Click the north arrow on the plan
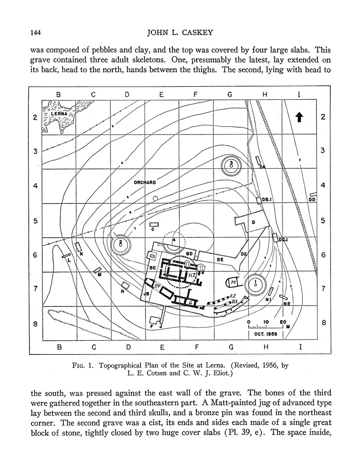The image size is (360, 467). [299, 117]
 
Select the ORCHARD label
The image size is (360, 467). [145, 182]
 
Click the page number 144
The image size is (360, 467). [37, 32]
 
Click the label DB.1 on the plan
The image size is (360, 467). [266, 199]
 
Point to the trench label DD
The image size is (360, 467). [312, 199]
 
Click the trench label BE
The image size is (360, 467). [220, 259]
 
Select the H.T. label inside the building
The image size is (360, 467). [192, 275]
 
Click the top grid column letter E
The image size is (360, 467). [162, 94]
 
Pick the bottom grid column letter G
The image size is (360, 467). [231, 347]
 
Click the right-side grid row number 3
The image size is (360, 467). [323, 151]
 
